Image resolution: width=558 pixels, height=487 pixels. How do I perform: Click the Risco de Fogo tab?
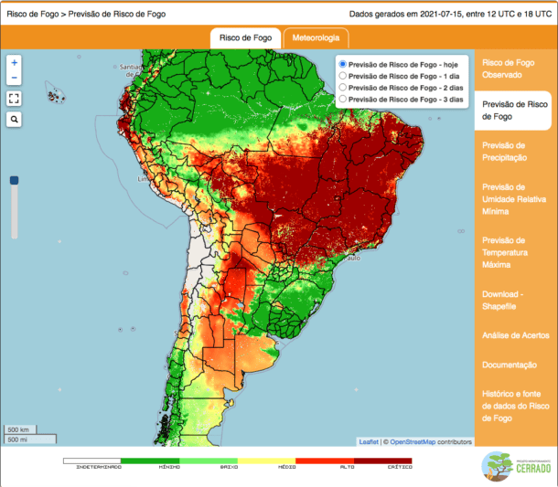click(245, 38)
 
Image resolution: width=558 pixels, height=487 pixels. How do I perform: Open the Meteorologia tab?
click(316, 38)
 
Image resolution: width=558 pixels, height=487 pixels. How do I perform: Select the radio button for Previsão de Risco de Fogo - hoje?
click(343, 64)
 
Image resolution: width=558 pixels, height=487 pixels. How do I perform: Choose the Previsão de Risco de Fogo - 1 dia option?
click(343, 76)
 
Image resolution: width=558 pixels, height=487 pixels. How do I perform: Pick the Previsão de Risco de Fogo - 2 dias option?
click(343, 87)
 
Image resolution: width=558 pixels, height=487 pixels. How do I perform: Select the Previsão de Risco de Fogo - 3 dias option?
click(343, 99)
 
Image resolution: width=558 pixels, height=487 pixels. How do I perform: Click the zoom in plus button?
click(15, 62)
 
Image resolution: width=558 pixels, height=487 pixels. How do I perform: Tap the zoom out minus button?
click(15, 79)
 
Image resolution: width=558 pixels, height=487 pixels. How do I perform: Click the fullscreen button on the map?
click(15, 99)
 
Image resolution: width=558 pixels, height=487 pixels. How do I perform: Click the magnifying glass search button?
click(15, 120)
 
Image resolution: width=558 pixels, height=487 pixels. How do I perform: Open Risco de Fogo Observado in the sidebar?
click(508, 68)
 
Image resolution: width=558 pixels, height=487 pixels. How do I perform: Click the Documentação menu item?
click(509, 365)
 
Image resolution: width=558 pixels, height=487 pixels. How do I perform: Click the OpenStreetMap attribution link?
click(414, 442)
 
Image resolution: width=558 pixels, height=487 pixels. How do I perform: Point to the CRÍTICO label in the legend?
click(399, 467)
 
